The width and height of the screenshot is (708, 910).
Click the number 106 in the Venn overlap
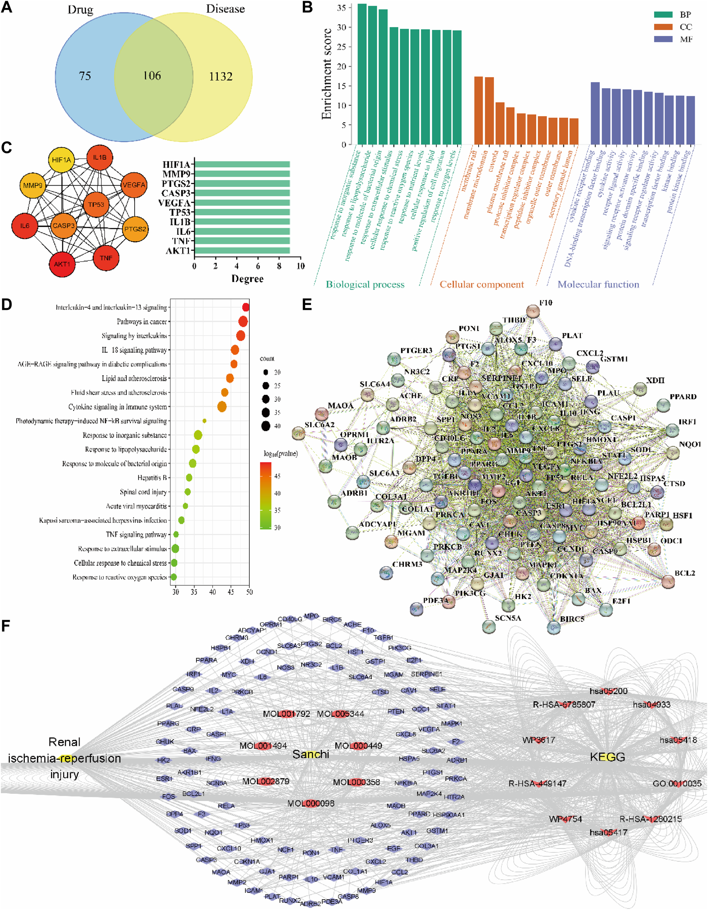[152, 76]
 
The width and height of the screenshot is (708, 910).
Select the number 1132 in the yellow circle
[221, 77]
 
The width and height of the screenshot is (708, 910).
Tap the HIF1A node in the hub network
[62, 160]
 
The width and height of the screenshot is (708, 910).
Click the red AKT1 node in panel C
[62, 264]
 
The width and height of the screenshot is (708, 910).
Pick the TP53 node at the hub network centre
[96, 204]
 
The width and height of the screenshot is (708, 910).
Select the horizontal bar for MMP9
[242, 174]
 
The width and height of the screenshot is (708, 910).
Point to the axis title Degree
[247, 279]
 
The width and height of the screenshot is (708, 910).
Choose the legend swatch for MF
[663, 39]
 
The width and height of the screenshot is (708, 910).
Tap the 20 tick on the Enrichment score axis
[342, 66]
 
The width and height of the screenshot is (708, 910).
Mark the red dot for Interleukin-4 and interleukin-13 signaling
[246, 307]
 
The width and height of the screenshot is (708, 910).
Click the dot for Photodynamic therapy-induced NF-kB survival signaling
[204, 421]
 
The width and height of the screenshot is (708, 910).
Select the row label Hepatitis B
[152, 478]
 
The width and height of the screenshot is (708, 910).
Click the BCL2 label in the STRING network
[685, 573]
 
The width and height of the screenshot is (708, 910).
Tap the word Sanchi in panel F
[310, 754]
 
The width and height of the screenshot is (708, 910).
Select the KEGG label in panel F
[607, 757]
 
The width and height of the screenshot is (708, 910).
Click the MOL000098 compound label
[310, 803]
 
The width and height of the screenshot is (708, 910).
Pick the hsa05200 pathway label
[609, 691]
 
